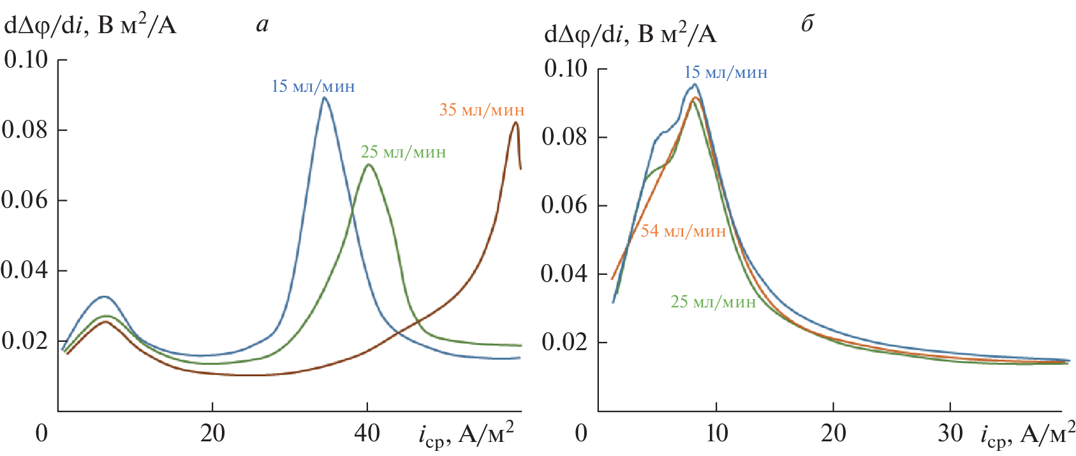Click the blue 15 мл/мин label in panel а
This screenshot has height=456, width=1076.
pyautogui.click(x=313, y=86)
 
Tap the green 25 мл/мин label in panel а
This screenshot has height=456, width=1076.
pyautogui.click(x=403, y=152)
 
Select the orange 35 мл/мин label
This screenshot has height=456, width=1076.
pyautogui.click(x=482, y=110)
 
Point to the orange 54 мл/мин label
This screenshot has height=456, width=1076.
pyautogui.click(x=683, y=231)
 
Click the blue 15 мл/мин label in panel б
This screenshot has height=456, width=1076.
pyautogui.click(x=726, y=73)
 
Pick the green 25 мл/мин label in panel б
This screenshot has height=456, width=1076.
pyautogui.click(x=713, y=302)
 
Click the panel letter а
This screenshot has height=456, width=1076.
pyautogui.click(x=262, y=25)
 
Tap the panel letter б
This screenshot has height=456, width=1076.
pyautogui.click(x=807, y=24)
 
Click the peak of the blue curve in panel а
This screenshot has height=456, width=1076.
pyautogui.click(x=325, y=98)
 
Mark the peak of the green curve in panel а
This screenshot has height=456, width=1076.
pyautogui.click(x=368, y=165)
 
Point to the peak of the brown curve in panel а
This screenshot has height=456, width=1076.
pyautogui.click(x=516, y=122)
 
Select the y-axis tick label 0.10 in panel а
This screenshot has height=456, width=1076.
pyautogui.click(x=26, y=60)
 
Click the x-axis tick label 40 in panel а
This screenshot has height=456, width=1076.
pyautogui.click(x=367, y=434)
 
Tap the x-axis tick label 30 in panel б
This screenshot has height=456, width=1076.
pyautogui.click(x=950, y=434)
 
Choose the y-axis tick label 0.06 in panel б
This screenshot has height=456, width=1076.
pyautogui.click(x=564, y=205)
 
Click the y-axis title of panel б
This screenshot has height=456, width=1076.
pyautogui.click(x=630, y=34)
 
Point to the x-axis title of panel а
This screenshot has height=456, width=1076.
pyautogui.click(x=466, y=435)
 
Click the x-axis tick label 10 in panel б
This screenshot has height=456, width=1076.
pyautogui.click(x=716, y=434)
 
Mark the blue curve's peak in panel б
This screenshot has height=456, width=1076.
pyautogui.click(x=695, y=84)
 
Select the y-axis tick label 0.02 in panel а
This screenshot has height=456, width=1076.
pyautogui.click(x=25, y=341)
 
